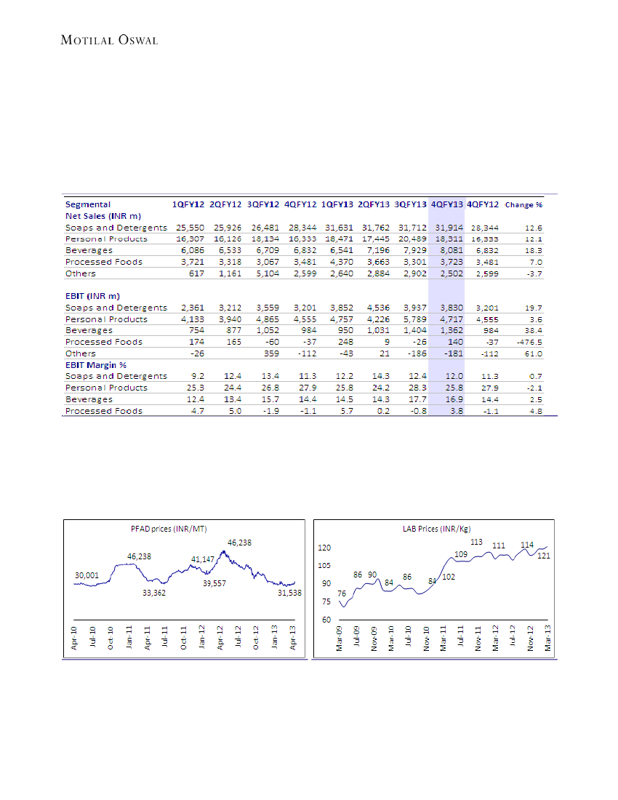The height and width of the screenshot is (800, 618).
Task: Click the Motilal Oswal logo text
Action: [x=109, y=39]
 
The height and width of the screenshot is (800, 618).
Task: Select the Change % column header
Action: [x=523, y=204]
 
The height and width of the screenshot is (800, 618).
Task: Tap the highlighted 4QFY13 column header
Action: [x=446, y=204]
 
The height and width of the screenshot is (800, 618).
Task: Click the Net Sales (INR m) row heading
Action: [x=103, y=216]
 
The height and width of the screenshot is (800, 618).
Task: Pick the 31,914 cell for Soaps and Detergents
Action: [x=446, y=228]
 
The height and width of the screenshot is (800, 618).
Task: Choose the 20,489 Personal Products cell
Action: [x=411, y=239]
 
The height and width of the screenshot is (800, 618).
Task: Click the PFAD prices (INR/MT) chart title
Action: [x=164, y=529]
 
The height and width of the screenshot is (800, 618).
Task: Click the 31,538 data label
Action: [x=289, y=593]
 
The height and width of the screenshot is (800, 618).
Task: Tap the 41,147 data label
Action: [x=203, y=559]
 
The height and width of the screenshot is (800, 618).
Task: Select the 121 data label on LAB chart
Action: [x=543, y=556]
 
